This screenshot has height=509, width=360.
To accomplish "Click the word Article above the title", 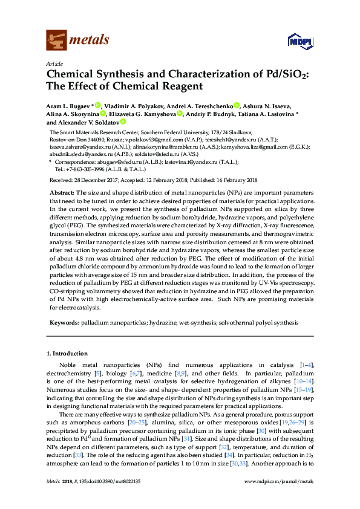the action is click(x=54, y=63).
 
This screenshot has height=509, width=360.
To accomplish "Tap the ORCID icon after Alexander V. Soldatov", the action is click(x=123, y=122).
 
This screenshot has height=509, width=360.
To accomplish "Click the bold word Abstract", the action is click(x=62, y=192).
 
